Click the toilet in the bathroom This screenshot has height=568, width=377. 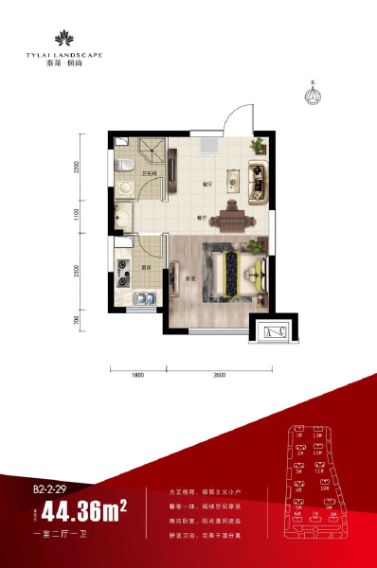point(121,166)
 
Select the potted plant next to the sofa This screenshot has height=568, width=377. point(256,147)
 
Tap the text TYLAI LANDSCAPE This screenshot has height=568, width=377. point(65,56)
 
